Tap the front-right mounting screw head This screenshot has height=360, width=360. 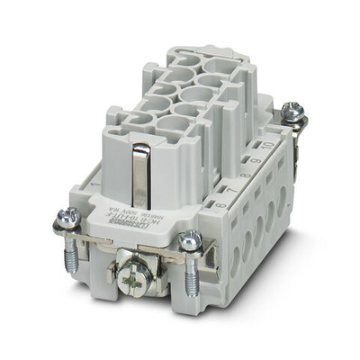(190, 239)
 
